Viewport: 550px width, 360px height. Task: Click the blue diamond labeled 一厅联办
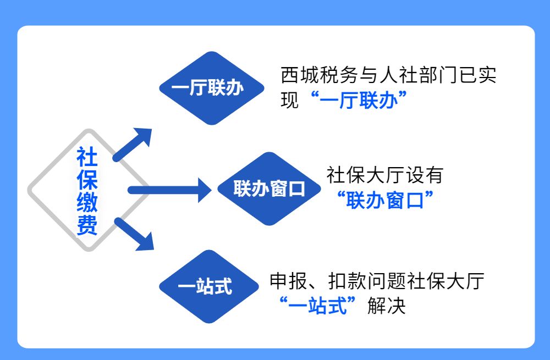pos(212,88)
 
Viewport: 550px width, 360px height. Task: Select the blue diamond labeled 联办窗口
pos(269,189)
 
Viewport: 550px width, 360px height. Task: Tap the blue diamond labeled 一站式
pos(209,286)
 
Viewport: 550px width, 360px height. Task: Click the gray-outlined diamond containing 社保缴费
pos(89,190)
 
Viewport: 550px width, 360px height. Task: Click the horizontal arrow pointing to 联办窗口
pos(169,190)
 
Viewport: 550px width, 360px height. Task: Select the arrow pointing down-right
pos(134,234)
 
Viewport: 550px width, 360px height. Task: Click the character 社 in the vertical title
pos(87,157)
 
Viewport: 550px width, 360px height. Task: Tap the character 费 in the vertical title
pos(87,225)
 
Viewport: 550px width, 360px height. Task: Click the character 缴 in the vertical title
pos(87,202)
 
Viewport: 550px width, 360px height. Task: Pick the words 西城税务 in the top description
pos(320,75)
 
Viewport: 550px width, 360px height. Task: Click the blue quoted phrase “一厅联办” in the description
pos(359,100)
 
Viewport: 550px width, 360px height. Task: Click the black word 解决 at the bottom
pos(387,306)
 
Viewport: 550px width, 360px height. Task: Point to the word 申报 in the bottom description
pos(289,281)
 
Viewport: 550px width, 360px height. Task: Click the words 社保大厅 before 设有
pos(366,175)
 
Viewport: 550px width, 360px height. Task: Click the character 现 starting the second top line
pos(290,100)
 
